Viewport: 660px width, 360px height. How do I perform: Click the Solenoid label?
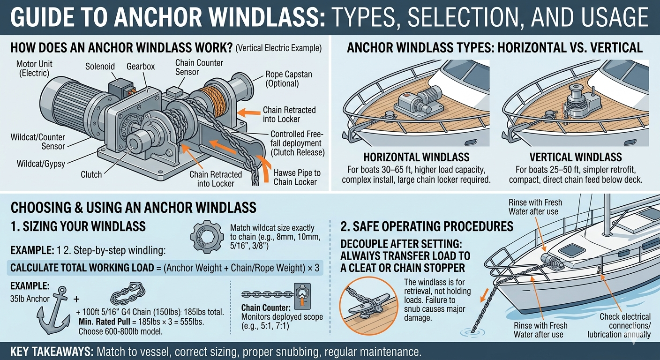(x=100, y=66)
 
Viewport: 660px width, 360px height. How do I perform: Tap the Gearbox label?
(x=141, y=66)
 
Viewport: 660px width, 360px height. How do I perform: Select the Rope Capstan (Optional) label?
(x=288, y=79)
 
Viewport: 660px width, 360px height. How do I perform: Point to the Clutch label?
(x=91, y=174)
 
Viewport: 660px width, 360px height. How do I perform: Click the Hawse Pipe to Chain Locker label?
(x=297, y=177)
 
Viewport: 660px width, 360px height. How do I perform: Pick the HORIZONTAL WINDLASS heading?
(x=416, y=157)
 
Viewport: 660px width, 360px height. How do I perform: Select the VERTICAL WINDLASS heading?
(x=576, y=157)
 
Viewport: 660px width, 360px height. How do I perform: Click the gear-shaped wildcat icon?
(x=207, y=237)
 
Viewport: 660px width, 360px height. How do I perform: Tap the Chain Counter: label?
(x=266, y=307)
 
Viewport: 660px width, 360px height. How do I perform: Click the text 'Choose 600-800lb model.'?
(x=120, y=331)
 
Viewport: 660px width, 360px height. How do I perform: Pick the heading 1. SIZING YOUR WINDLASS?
(x=78, y=226)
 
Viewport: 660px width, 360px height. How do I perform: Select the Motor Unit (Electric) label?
(x=34, y=68)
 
